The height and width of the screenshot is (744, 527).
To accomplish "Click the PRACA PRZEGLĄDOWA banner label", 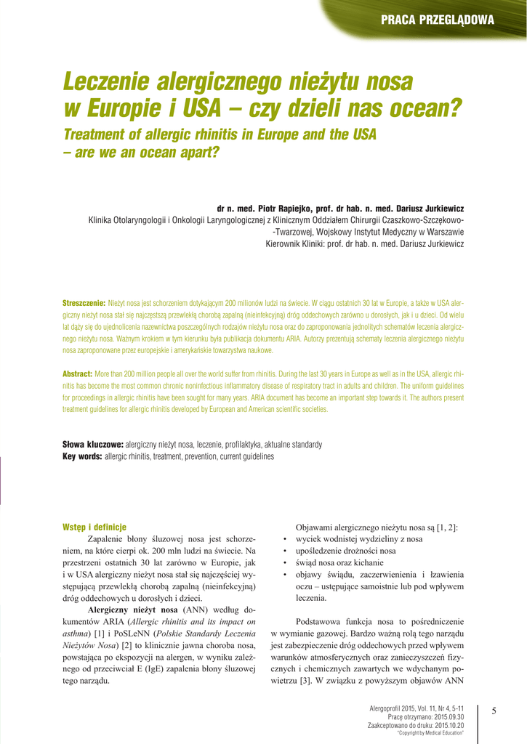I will coord(437,20).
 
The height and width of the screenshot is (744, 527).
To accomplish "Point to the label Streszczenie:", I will coord(84,302).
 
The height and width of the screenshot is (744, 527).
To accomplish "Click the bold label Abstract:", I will coord(77,373).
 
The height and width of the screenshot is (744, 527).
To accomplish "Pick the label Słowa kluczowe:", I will coord(93,444).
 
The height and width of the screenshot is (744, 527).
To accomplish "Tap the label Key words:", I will coord(82,456).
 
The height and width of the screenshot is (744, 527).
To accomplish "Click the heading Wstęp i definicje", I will coord(94,527).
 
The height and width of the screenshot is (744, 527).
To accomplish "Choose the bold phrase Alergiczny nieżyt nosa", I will coord(132,610).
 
